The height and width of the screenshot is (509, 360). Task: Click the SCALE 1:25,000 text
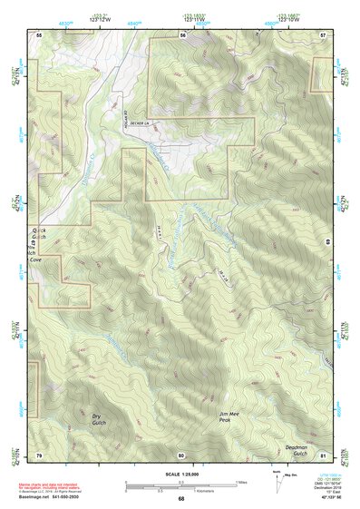pos(180,475)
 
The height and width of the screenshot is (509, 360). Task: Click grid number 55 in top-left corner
pos(39,34)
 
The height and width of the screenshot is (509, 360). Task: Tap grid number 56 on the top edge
pos(182,34)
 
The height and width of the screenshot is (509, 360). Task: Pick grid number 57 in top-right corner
pos(323,34)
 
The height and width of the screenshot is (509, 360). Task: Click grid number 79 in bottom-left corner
pos(39,454)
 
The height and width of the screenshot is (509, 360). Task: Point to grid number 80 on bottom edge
pos(181,454)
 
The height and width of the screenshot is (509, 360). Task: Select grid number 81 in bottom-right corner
pos(323,454)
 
